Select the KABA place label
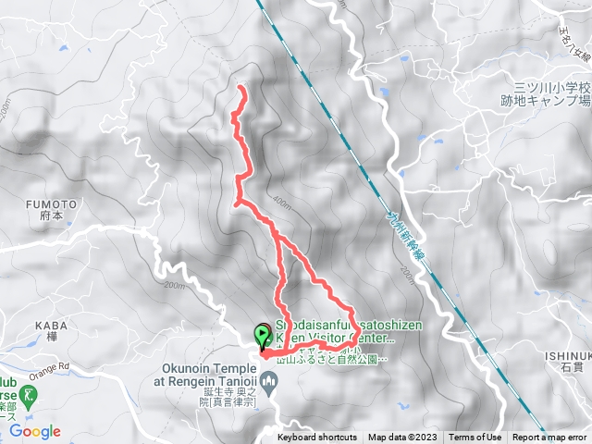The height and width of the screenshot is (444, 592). click(x=52, y=326)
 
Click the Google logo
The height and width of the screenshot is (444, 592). click(x=35, y=431)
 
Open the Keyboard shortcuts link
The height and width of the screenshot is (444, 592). click(x=316, y=438)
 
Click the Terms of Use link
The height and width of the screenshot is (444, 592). click(x=475, y=438)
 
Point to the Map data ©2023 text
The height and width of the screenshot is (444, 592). click(x=402, y=438)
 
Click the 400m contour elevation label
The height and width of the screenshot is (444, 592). click(x=282, y=201)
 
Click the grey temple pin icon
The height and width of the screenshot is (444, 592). click(x=269, y=379)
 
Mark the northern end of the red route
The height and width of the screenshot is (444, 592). click(x=242, y=88)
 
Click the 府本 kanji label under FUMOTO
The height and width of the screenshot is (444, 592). click(x=52, y=217)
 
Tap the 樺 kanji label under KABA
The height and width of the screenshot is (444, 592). click(x=52, y=339)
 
